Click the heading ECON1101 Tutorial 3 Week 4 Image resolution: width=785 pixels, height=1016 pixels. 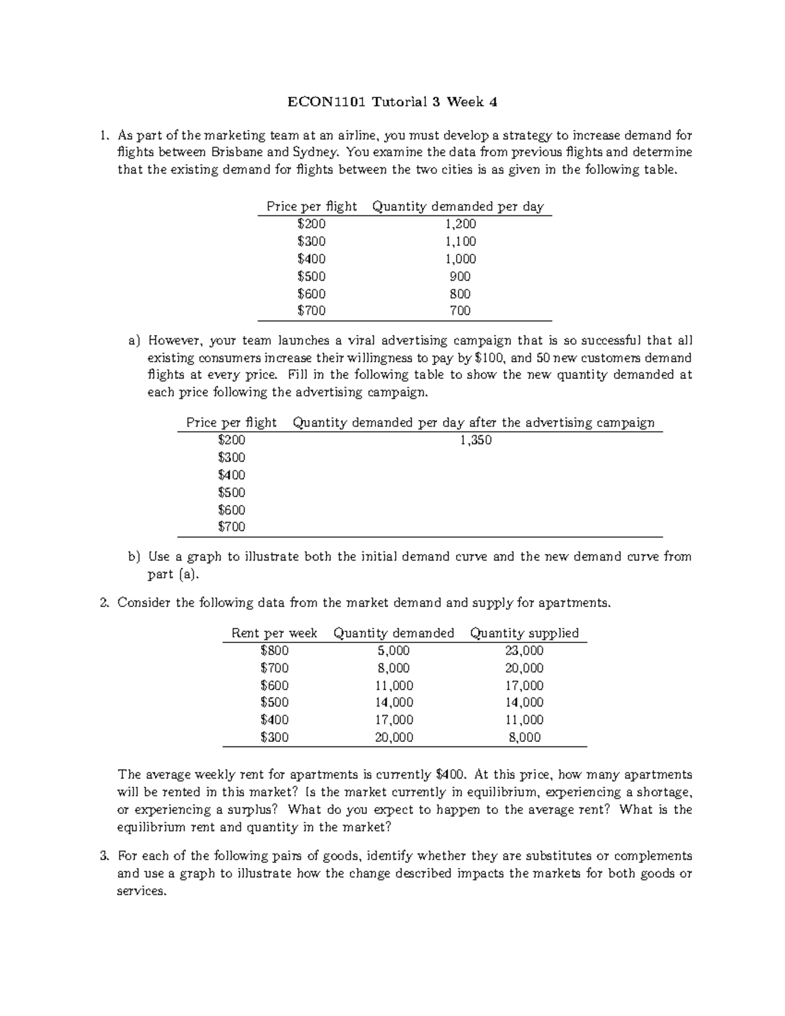(x=392, y=101)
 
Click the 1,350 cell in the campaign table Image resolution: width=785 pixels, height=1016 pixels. (x=476, y=440)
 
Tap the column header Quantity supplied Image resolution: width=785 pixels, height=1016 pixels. (x=525, y=633)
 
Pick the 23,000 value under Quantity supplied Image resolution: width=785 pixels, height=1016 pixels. (x=525, y=650)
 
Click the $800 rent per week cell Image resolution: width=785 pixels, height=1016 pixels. (x=274, y=650)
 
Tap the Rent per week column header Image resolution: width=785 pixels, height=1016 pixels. (x=274, y=633)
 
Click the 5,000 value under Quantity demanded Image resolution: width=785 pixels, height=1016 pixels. (x=393, y=650)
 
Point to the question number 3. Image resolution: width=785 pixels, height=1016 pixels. (x=103, y=856)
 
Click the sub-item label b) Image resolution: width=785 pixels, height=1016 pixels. (x=134, y=557)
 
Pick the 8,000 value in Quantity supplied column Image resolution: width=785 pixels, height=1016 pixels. (x=525, y=737)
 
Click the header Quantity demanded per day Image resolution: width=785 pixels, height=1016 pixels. (x=457, y=206)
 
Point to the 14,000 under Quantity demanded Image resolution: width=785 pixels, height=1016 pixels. (x=393, y=703)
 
